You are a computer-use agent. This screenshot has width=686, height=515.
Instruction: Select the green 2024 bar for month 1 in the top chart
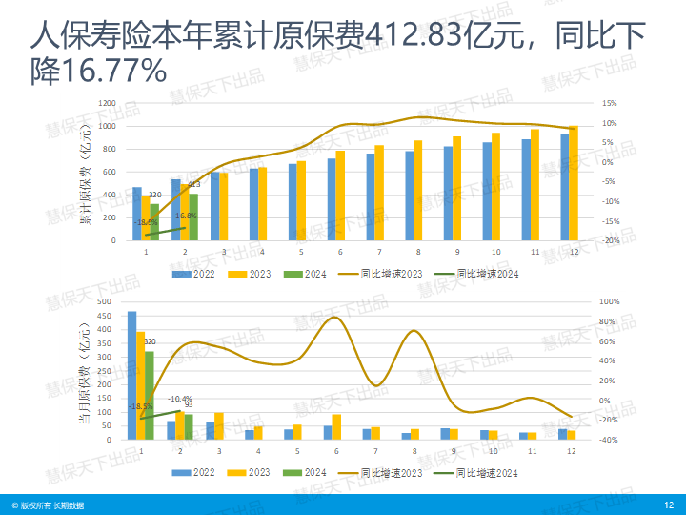[154, 222]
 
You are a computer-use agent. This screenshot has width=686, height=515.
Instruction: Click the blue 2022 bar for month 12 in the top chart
[564, 187]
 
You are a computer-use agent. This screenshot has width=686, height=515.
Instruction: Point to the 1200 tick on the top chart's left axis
[108, 103]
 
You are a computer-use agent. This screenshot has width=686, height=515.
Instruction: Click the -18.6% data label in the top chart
[147, 222]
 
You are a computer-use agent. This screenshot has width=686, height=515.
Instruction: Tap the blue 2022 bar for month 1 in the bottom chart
[131, 375]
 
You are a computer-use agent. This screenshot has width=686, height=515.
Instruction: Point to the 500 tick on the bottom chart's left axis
[106, 301]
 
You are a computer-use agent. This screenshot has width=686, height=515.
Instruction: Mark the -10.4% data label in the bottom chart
[180, 399]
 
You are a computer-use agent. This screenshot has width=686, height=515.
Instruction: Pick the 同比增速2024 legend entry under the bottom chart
[487, 472]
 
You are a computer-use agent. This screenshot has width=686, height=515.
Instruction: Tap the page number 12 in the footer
[669, 505]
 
